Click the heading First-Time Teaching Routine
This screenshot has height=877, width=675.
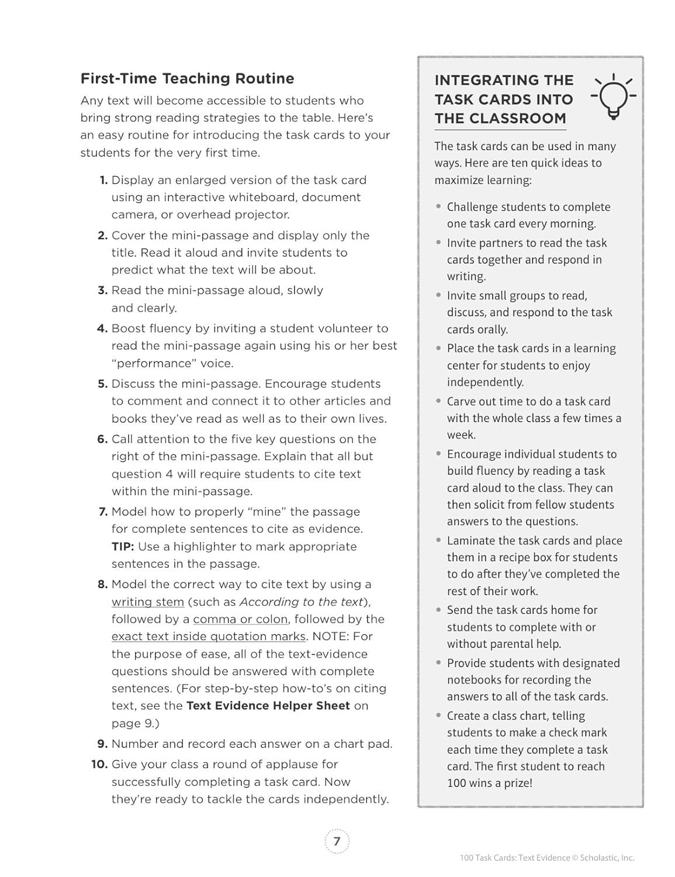(187, 78)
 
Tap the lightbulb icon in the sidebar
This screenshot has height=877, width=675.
(613, 96)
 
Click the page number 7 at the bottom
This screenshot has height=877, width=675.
(337, 841)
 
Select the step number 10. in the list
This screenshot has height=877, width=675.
(99, 764)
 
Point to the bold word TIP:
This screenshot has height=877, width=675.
(123, 547)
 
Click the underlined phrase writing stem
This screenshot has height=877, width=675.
(148, 602)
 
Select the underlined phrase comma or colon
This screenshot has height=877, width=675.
(240, 619)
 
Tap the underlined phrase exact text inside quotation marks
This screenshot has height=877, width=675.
(209, 636)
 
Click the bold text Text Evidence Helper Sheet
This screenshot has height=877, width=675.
(268, 706)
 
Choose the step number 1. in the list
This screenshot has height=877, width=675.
(103, 180)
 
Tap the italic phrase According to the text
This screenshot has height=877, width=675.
(301, 602)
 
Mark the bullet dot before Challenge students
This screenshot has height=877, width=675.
(439, 206)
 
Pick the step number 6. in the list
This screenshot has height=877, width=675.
(103, 439)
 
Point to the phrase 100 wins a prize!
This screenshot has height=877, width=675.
(490, 783)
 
